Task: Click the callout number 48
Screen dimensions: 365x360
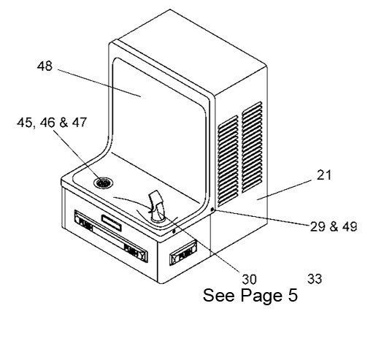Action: (45, 66)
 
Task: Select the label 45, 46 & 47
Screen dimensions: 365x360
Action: (52, 123)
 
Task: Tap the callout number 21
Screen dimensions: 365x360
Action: (324, 175)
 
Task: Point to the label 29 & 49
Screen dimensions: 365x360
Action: (334, 226)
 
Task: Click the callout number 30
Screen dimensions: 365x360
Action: (249, 279)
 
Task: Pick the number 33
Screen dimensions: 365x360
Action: (315, 279)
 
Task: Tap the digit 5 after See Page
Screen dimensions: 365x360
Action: (293, 295)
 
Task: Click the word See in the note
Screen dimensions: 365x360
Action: (220, 295)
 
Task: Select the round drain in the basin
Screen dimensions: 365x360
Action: (103, 183)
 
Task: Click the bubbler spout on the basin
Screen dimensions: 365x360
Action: (157, 207)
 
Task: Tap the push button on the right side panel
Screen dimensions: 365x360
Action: (183, 253)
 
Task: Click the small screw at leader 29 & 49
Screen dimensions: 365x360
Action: (212, 210)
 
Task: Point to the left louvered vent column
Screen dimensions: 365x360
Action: (228, 161)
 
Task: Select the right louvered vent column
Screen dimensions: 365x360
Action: (252, 147)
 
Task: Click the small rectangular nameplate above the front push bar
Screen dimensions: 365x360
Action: (112, 223)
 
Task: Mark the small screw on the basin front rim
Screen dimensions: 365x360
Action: (174, 231)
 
